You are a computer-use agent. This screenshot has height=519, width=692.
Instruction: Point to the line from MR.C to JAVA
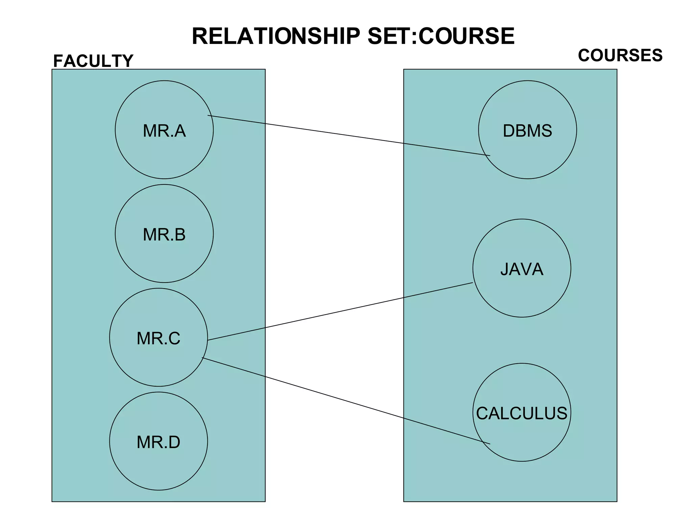pyautogui.click(x=338, y=312)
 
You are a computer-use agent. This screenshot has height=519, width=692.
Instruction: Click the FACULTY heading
pyautogui.click(x=93, y=61)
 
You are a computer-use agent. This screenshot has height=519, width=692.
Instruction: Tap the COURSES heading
pyautogui.click(x=620, y=55)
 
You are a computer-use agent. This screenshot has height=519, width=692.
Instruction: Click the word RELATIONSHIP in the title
pyautogui.click(x=276, y=36)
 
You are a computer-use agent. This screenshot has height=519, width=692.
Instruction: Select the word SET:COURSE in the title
pyautogui.click(x=441, y=36)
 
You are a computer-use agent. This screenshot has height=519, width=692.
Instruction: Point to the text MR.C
pyautogui.click(x=158, y=338)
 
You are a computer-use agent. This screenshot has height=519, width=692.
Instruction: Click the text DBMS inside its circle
pyautogui.click(x=527, y=131)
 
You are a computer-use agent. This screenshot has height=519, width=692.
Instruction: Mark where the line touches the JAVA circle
pyautogui.click(x=472, y=282)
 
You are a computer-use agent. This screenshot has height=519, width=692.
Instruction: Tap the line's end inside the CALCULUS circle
pyautogui.click(x=489, y=443)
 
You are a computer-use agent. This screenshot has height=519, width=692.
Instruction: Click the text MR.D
pyautogui.click(x=158, y=442)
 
